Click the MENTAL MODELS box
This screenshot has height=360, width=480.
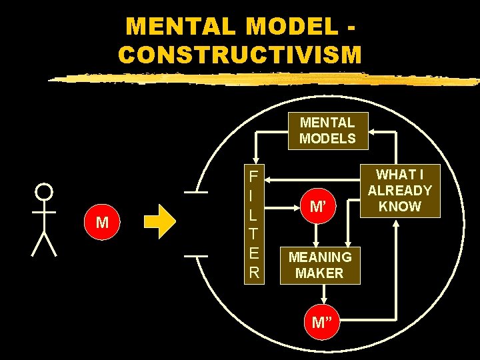click(x=327, y=131)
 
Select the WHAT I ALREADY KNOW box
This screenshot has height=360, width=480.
click(x=399, y=191)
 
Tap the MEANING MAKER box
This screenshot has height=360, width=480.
click(x=320, y=265)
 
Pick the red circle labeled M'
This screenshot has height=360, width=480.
click(x=319, y=206)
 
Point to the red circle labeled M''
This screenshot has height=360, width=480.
click(x=323, y=323)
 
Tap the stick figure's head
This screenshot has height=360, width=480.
click(x=44, y=193)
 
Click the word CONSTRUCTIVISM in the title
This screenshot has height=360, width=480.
click(x=240, y=53)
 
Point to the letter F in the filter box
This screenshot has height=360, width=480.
click(x=253, y=177)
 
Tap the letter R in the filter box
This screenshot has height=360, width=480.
click(x=253, y=273)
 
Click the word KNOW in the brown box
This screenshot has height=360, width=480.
click(x=399, y=206)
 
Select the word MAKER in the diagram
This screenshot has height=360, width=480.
click(x=320, y=273)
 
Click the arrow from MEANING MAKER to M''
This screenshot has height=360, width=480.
click(x=323, y=295)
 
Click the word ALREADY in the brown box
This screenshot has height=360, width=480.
click(x=399, y=191)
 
